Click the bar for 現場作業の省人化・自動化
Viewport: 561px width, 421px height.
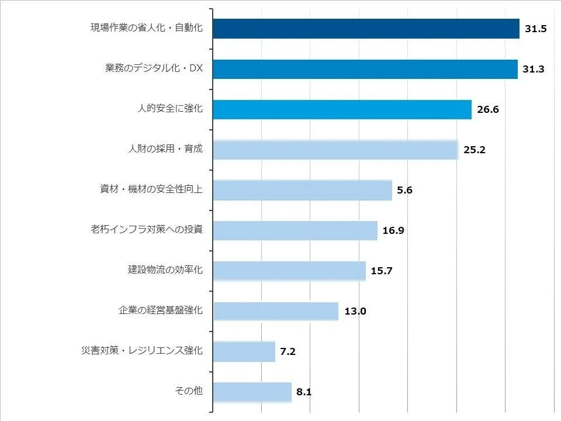tap(366, 29)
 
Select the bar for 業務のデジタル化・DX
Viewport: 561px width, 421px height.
tap(365, 69)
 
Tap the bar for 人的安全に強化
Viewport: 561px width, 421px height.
tap(342, 109)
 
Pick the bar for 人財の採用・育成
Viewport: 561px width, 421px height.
tap(335, 150)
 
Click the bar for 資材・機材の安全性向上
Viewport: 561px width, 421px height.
tap(302, 190)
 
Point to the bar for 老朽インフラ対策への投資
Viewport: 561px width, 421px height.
tap(295, 230)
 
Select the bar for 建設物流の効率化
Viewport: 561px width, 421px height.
tap(289, 271)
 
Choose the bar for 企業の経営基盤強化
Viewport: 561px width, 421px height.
tap(276, 311)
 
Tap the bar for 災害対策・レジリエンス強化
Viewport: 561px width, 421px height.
tap(244, 351)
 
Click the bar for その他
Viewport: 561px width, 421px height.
tap(252, 392)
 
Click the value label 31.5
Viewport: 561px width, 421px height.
tap(535, 29)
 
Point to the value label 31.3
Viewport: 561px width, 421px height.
tap(534, 69)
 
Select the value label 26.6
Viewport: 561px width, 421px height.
tap(487, 109)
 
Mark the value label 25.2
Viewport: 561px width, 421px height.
tap(474, 150)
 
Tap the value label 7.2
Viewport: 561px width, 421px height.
tap(288, 351)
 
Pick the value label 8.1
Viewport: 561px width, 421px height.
tap(304, 392)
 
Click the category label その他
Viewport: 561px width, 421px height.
tap(189, 391)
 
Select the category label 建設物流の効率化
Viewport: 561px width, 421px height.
tap(165, 270)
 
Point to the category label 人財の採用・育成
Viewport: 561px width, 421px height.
tap(165, 149)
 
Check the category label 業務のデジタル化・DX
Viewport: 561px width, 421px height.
tap(154, 68)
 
